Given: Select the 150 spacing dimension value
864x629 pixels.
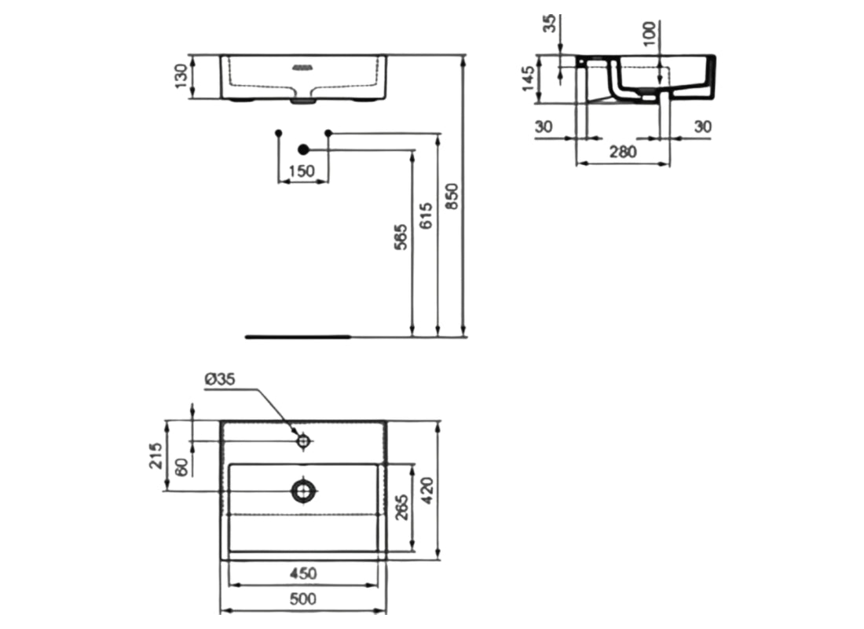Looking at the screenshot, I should point(302,171).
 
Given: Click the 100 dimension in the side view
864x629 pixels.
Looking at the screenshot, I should point(648,33).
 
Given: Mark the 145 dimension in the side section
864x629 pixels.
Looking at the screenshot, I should point(529,79).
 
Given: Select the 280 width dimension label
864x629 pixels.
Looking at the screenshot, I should point(623,153).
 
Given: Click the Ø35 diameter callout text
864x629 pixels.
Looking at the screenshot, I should point(220,380).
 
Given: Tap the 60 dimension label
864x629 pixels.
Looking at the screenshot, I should point(181,465).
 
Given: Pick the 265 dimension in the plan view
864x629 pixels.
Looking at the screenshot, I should point(400,509).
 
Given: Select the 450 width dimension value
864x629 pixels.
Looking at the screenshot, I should point(302,574).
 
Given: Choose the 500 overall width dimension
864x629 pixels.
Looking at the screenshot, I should point(302,599).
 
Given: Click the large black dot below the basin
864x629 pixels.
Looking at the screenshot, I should point(304,149).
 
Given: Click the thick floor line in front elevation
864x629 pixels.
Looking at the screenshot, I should point(298,336).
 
